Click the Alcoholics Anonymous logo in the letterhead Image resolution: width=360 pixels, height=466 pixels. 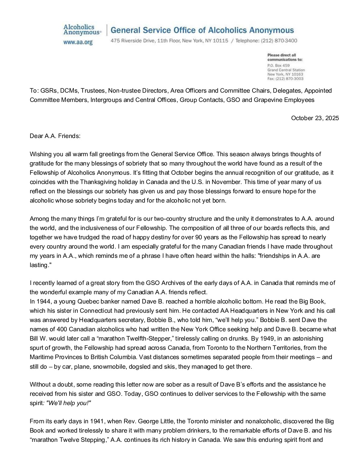82,30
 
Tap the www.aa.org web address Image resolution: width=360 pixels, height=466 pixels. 78,42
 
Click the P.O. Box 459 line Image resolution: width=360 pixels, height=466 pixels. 278,66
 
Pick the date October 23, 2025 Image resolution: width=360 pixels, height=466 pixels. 315,118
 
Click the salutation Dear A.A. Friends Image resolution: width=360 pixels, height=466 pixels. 55,136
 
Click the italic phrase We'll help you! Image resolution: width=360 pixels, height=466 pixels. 69,403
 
